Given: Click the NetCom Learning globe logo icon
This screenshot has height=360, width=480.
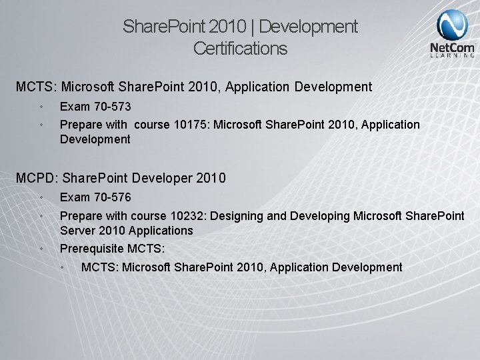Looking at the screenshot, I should coord(452,25).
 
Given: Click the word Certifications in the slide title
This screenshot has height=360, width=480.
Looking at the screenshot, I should coord(240,49).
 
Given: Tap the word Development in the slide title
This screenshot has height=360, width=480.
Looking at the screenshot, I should coord(311,27).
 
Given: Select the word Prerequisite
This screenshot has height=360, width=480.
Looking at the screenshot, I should coord(93,248).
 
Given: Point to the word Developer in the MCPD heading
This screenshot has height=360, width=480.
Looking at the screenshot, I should coord(162,178).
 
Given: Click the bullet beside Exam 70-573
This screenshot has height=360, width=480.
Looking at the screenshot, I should coord(41,107).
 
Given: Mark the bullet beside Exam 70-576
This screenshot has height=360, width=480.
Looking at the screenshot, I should coord(41,197).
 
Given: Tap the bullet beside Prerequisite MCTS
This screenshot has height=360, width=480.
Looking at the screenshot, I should coord(41,248).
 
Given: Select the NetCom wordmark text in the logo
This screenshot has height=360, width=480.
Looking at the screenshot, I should coord(452,48).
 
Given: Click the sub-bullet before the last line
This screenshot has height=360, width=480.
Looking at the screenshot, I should coord(63,267).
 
